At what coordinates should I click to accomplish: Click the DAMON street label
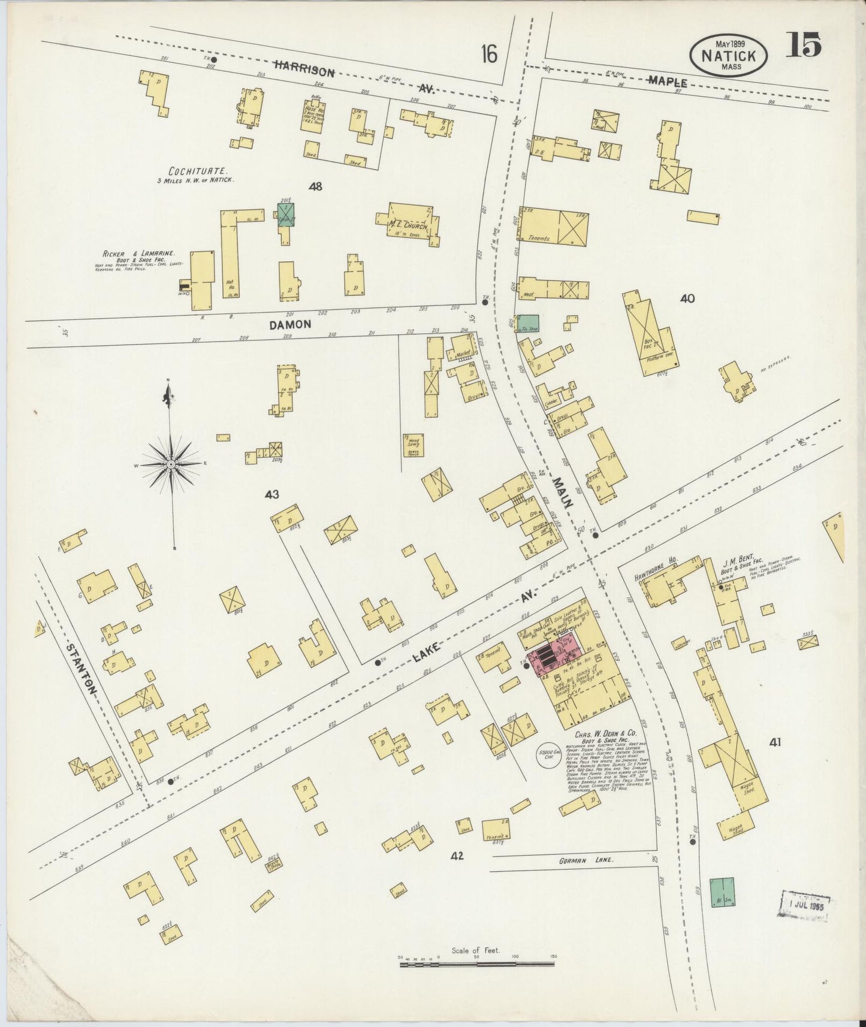click(289, 324)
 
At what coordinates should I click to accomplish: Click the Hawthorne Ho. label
click(656, 561)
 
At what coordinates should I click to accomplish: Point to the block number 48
click(315, 186)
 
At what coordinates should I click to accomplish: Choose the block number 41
click(775, 743)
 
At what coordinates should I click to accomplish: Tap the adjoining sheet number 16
click(488, 55)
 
